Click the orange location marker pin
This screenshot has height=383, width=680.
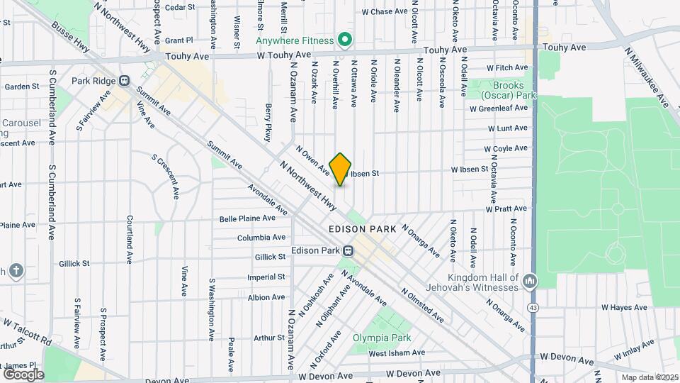tap(341, 170)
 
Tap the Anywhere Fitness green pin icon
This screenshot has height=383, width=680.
tap(345, 40)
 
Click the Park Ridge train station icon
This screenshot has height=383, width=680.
tap(125, 80)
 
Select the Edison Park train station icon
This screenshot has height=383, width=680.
tap(348, 250)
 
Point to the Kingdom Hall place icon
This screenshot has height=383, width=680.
tap(528, 282)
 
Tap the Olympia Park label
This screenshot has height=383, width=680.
tap(382, 338)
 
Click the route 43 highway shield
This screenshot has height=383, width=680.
tap(532, 307)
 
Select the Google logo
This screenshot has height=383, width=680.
tap(24, 374)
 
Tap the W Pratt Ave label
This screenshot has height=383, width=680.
tap(506, 209)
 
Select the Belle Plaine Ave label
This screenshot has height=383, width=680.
tap(247, 218)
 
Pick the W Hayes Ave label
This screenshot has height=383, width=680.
tap(624, 308)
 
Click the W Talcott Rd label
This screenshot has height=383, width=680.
tap(28, 331)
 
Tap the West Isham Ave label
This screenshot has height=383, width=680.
tap(397, 353)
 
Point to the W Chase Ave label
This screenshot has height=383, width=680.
tap(385, 12)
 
